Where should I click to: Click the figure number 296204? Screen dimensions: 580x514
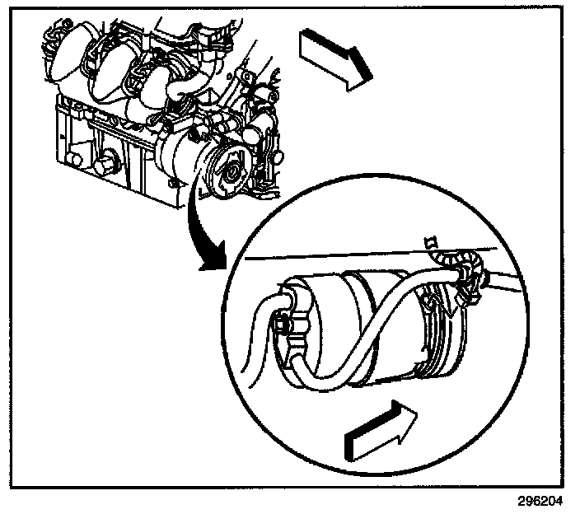coord(542,501)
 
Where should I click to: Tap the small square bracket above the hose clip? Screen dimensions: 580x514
coord(428,241)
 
